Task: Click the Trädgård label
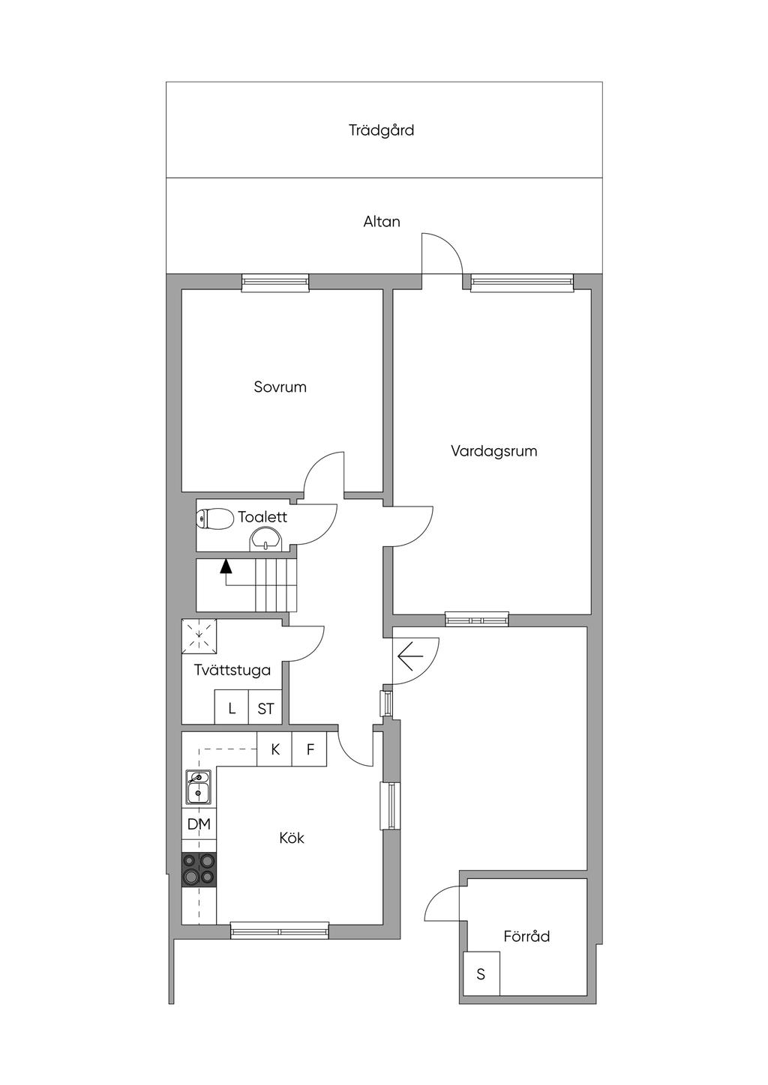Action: coord(381,130)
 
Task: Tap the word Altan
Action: coord(382,222)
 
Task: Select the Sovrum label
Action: coord(280,387)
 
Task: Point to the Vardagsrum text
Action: coord(494,451)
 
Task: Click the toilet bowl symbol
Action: coord(214,519)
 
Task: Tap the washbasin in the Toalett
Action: coord(265,540)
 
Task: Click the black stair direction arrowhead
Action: coord(226,566)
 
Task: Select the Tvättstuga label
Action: coord(232,671)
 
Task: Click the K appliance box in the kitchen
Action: coord(274,749)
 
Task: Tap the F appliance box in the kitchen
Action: coord(309,749)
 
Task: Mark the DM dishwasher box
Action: coord(199,824)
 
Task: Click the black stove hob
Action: coord(199,869)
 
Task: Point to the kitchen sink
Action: coord(198,788)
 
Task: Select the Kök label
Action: coord(292,838)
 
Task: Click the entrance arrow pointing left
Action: coord(410,656)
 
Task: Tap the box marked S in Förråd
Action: coord(481,973)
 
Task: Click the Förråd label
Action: coord(526,937)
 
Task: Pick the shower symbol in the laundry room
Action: coord(199,637)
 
